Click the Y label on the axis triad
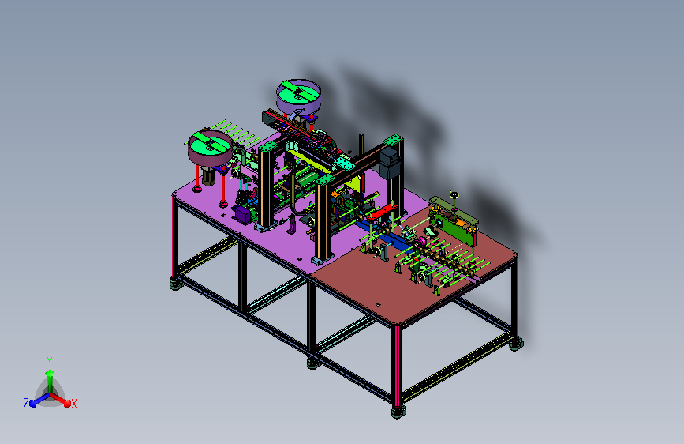[x=50, y=361]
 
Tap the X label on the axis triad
[x=73, y=404]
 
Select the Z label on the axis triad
[x=26, y=404]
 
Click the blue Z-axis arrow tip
[x=32, y=404]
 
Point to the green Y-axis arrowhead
[x=50, y=373]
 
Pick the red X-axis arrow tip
[x=67, y=404]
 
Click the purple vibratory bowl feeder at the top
[x=298, y=97]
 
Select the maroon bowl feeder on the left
[x=210, y=148]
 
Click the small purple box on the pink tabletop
[x=243, y=214]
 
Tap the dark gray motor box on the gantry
[x=390, y=164]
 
